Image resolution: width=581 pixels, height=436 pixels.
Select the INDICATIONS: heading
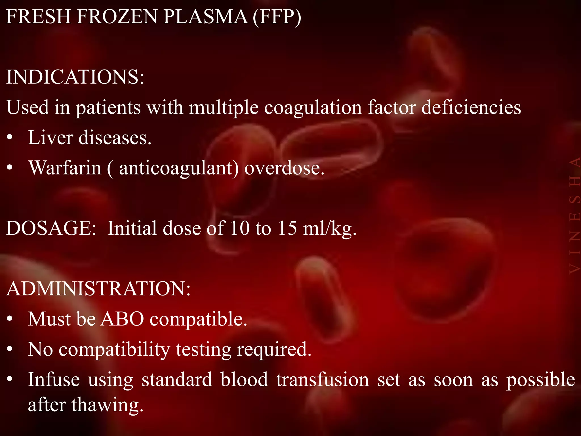pos(75,77)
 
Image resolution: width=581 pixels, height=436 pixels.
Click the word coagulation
pos(313,108)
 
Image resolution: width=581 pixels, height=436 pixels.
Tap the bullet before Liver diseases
pos(10,138)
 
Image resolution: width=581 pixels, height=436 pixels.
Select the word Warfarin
pos(65,168)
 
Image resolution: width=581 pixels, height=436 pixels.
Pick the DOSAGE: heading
pos(51,228)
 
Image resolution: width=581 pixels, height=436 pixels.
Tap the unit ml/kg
pos(329,229)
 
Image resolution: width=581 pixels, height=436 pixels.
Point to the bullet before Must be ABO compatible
pos(10,319)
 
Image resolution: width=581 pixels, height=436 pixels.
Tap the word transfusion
pos(323,380)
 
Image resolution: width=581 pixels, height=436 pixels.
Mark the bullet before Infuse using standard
pos(10,380)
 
